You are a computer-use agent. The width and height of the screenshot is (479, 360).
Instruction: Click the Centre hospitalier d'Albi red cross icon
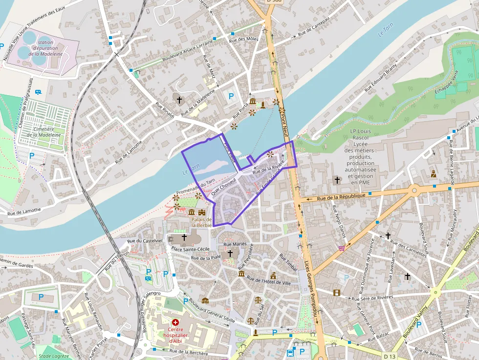point(175,323)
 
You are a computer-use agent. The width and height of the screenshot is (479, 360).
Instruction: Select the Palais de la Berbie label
point(201,222)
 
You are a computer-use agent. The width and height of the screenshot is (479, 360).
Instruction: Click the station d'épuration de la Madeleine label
point(45,48)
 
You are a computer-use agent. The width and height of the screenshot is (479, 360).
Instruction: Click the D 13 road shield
point(390,357)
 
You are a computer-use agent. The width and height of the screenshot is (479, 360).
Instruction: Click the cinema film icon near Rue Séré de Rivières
point(336,293)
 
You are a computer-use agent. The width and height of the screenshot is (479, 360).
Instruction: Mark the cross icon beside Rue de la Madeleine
point(179,100)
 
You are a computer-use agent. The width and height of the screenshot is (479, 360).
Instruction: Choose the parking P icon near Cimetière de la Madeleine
point(32,156)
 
